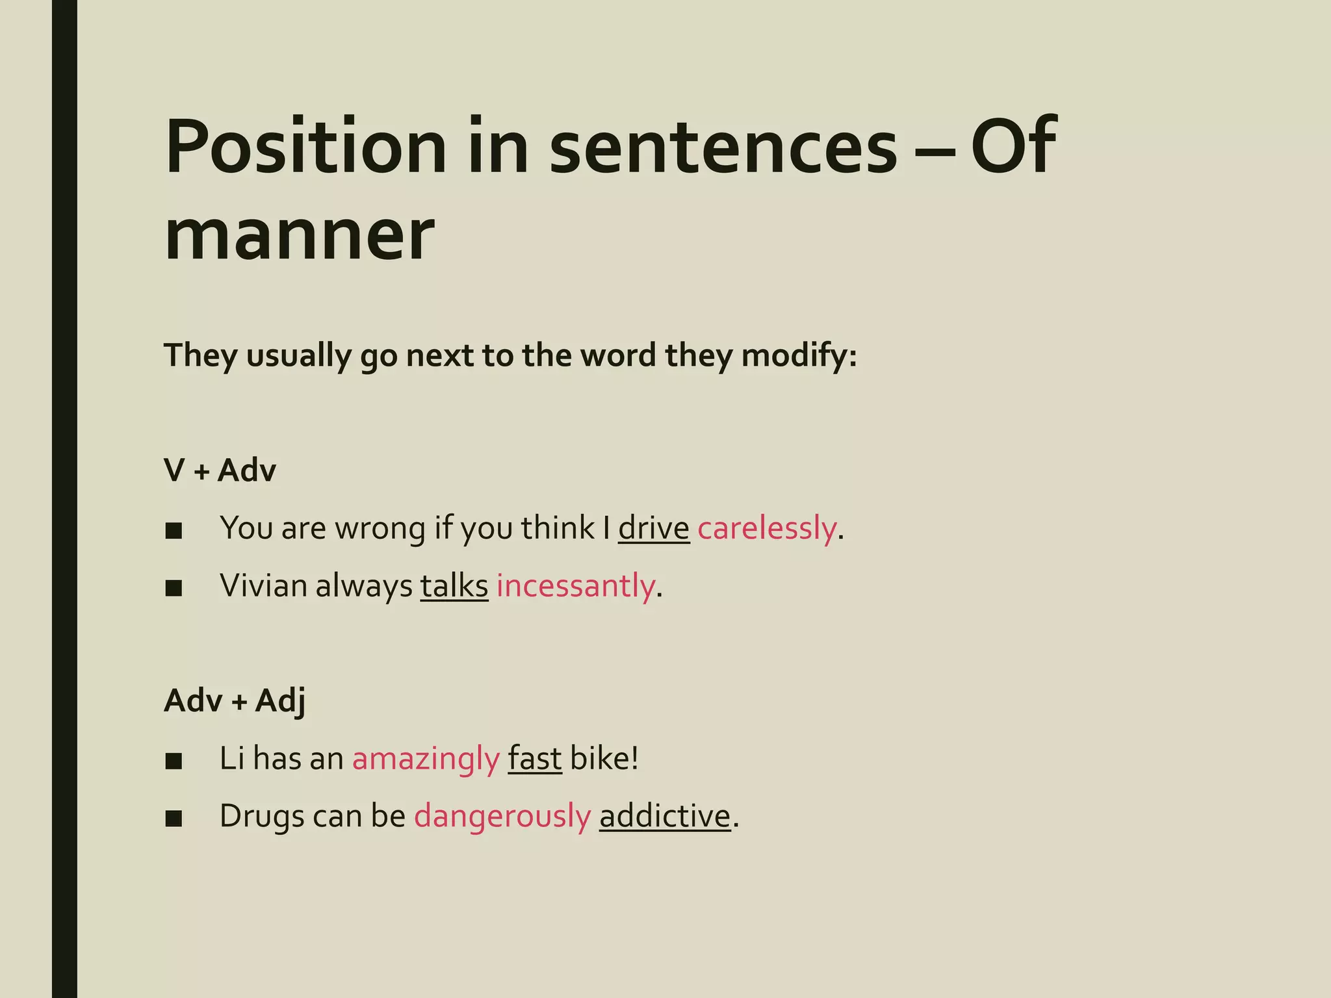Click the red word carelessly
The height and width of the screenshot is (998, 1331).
click(767, 528)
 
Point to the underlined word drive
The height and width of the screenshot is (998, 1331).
click(653, 528)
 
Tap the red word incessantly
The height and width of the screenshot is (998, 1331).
click(575, 586)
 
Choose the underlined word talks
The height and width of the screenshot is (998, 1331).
click(454, 586)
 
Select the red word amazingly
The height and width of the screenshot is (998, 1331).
click(426, 759)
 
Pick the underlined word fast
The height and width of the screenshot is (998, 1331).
click(534, 759)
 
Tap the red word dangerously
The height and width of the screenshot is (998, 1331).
click(502, 817)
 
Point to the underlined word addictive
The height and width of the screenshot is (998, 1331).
click(665, 817)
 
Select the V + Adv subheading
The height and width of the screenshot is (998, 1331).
click(220, 470)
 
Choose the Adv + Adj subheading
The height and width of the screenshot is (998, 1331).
click(235, 700)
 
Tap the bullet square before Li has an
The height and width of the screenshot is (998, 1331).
click(174, 761)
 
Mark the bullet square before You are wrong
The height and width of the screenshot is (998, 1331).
click(174, 531)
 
